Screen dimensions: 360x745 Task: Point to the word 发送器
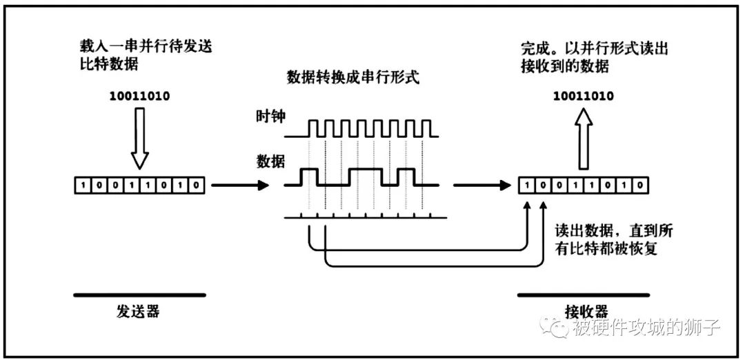(139, 311)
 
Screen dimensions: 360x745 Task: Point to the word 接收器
(584, 311)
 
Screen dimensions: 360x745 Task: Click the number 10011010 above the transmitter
(139, 95)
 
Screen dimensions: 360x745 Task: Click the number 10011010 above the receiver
(584, 95)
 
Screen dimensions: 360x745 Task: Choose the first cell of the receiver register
(528, 186)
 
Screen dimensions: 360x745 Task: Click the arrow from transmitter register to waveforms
(239, 186)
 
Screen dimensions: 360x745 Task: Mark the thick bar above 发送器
(139, 295)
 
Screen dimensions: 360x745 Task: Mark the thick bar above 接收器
(584, 295)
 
